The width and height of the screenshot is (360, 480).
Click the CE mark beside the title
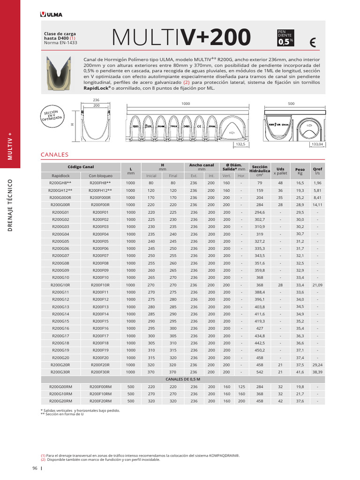[313, 43]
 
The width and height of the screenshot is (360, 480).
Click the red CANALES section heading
[55, 154]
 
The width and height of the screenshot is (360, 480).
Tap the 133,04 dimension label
[317, 144]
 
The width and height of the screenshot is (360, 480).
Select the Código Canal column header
[81, 167]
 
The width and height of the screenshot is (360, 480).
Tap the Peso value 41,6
[300, 371]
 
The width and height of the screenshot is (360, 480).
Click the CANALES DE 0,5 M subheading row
[182, 379]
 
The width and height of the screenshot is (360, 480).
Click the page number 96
[35, 468]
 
